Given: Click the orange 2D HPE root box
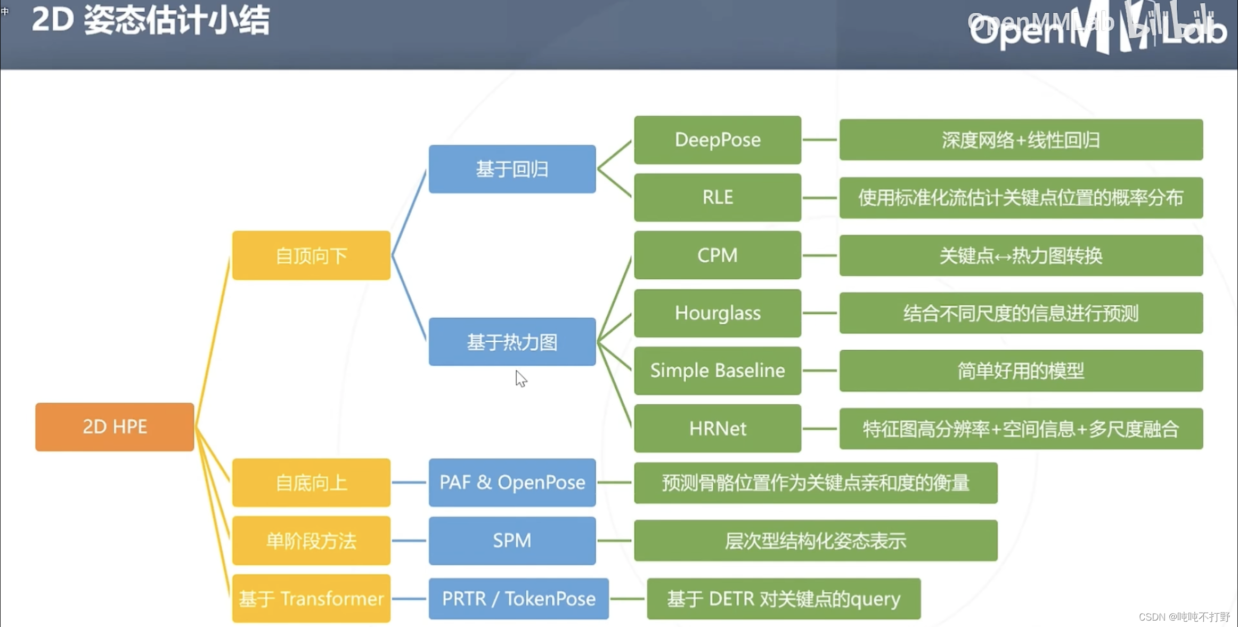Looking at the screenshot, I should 115,427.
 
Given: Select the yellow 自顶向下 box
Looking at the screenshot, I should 311,255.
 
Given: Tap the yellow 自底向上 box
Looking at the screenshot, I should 311,483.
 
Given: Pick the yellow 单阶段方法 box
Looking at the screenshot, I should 311,541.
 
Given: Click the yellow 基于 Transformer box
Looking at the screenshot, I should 311,598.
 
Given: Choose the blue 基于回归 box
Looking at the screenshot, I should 512,169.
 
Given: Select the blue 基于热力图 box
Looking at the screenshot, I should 512,342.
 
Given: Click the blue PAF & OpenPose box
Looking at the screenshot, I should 512,483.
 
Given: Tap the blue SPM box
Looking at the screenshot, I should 512,541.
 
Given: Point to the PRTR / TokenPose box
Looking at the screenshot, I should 518,598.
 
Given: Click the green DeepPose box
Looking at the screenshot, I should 718,140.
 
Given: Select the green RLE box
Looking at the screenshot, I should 718,197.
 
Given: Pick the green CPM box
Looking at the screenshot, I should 718,255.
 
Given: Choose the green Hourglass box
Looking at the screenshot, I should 718,313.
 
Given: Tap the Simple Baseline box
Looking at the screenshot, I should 718,371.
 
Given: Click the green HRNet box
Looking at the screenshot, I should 718,428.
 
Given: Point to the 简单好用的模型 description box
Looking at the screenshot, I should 1021,371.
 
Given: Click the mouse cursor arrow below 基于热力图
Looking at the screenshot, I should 520,378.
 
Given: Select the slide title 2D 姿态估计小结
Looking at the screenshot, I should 151,21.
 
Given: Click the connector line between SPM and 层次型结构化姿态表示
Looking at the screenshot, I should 615,541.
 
